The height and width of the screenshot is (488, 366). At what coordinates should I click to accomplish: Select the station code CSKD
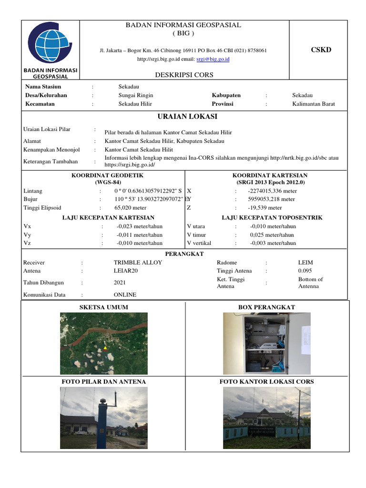[320, 50]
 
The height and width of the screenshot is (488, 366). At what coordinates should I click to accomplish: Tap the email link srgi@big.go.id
[213, 59]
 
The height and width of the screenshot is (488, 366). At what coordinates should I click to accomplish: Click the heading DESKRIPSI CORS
[184, 75]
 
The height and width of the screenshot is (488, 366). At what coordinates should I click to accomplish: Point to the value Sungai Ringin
[136, 95]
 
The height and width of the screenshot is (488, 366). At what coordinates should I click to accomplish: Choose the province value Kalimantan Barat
[313, 104]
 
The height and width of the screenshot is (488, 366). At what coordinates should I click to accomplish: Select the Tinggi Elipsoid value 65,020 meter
[130, 208]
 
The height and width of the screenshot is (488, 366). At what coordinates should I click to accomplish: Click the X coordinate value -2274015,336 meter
[272, 191]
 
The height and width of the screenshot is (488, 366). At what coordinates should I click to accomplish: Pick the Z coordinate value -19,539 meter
[264, 208]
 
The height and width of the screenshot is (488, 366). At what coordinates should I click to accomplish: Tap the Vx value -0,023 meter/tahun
[139, 226]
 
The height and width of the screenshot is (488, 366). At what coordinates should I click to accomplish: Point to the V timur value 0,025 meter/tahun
[272, 234]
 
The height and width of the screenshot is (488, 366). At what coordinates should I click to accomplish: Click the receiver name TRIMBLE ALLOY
[138, 263]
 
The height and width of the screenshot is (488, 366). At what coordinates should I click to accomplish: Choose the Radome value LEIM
[305, 263]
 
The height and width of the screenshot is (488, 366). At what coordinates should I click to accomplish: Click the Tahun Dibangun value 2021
[120, 283]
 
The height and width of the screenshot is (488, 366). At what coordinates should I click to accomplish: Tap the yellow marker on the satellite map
[105, 348]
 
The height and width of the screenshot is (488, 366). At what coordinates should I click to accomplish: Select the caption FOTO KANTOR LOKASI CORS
[266, 382]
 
